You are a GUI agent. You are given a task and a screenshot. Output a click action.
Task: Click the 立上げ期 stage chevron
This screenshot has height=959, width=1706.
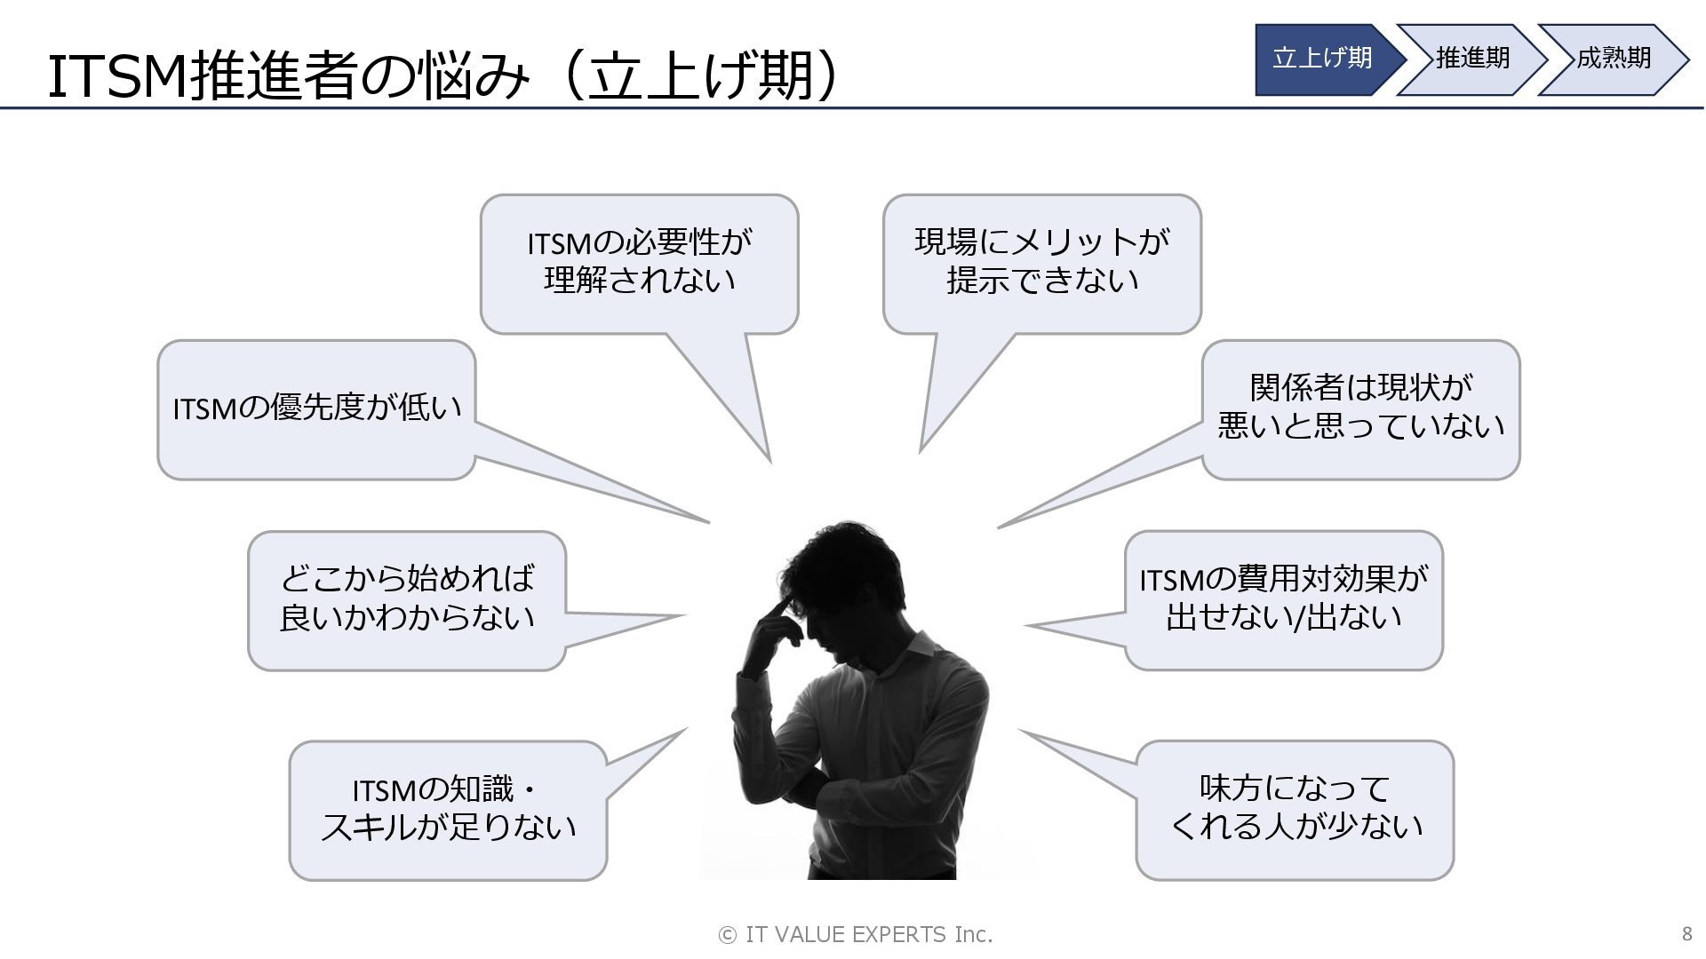tap(1323, 59)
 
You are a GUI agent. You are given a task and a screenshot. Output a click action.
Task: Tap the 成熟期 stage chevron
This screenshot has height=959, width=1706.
tap(1613, 59)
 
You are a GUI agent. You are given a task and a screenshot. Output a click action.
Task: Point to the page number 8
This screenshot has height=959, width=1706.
tap(1686, 934)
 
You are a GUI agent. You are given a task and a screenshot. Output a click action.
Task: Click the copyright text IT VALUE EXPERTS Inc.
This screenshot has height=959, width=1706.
tap(855, 934)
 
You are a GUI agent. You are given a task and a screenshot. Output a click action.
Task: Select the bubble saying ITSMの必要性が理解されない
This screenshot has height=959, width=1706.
tap(639, 263)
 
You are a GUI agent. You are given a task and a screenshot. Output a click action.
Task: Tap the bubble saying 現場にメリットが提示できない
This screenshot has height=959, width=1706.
tap(1041, 263)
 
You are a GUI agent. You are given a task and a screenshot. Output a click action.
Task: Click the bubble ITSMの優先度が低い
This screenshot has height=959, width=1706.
tap(316, 408)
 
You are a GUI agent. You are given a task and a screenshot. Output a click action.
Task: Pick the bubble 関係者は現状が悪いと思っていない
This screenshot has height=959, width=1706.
tap(1360, 408)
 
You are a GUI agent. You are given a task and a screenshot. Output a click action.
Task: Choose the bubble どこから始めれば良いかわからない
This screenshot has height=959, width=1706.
tap(407, 599)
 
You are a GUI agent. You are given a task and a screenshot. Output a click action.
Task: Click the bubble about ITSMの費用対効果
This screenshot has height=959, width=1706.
tap(1283, 599)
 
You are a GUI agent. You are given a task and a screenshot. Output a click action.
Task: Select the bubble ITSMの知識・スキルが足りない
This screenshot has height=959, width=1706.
tap(448, 809)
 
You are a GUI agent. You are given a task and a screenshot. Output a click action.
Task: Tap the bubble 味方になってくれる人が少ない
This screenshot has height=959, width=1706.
tap(1295, 809)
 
